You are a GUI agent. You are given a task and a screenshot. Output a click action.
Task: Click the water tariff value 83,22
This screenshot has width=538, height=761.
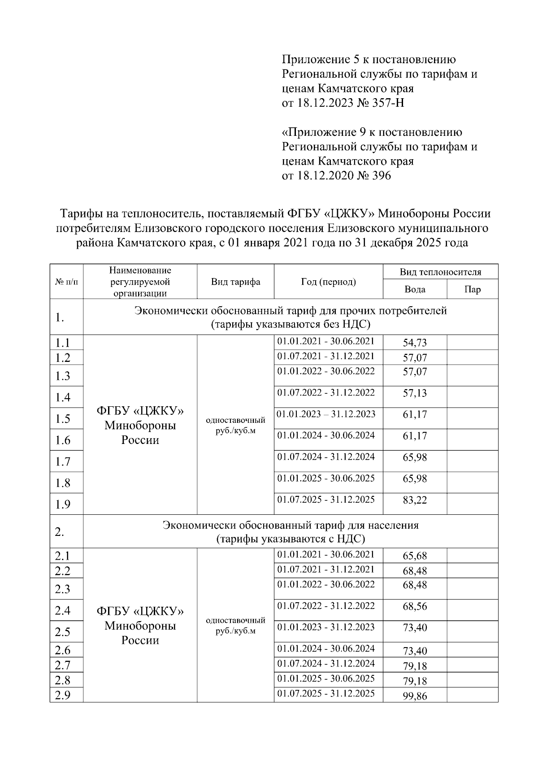coord(415,500)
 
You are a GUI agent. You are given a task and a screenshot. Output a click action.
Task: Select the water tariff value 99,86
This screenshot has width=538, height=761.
coord(415,696)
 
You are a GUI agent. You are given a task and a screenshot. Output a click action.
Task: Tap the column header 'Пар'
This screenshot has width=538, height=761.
coord(473,289)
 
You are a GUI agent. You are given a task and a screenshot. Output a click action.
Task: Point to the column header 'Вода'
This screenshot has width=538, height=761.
coord(415,289)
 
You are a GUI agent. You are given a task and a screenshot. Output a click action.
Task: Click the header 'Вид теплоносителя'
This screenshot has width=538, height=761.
coord(440,272)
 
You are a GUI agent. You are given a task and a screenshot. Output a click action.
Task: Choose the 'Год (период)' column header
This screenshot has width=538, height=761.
coord(328,282)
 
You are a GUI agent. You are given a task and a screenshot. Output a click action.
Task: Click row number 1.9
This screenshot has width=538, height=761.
coord(63,504)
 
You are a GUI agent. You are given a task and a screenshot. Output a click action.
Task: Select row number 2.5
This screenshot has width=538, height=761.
coord(63,632)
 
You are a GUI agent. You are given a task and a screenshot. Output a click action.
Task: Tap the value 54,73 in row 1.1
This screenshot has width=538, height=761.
coord(415,343)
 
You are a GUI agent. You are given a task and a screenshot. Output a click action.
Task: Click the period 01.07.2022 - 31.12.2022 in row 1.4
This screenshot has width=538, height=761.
coord(326,393)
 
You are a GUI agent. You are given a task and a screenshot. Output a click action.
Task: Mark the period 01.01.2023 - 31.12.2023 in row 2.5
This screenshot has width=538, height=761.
coord(326,627)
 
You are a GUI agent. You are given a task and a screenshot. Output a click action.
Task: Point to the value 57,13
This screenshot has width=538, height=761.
coord(415,393)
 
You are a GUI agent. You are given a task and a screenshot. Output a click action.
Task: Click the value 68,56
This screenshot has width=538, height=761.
coord(415,607)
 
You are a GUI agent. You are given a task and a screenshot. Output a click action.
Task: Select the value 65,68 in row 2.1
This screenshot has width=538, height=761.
coord(415,556)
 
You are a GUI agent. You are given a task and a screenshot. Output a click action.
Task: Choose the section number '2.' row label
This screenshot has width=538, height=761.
coord(60,532)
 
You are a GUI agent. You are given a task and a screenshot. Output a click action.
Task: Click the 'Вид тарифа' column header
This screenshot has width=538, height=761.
coord(235,282)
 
